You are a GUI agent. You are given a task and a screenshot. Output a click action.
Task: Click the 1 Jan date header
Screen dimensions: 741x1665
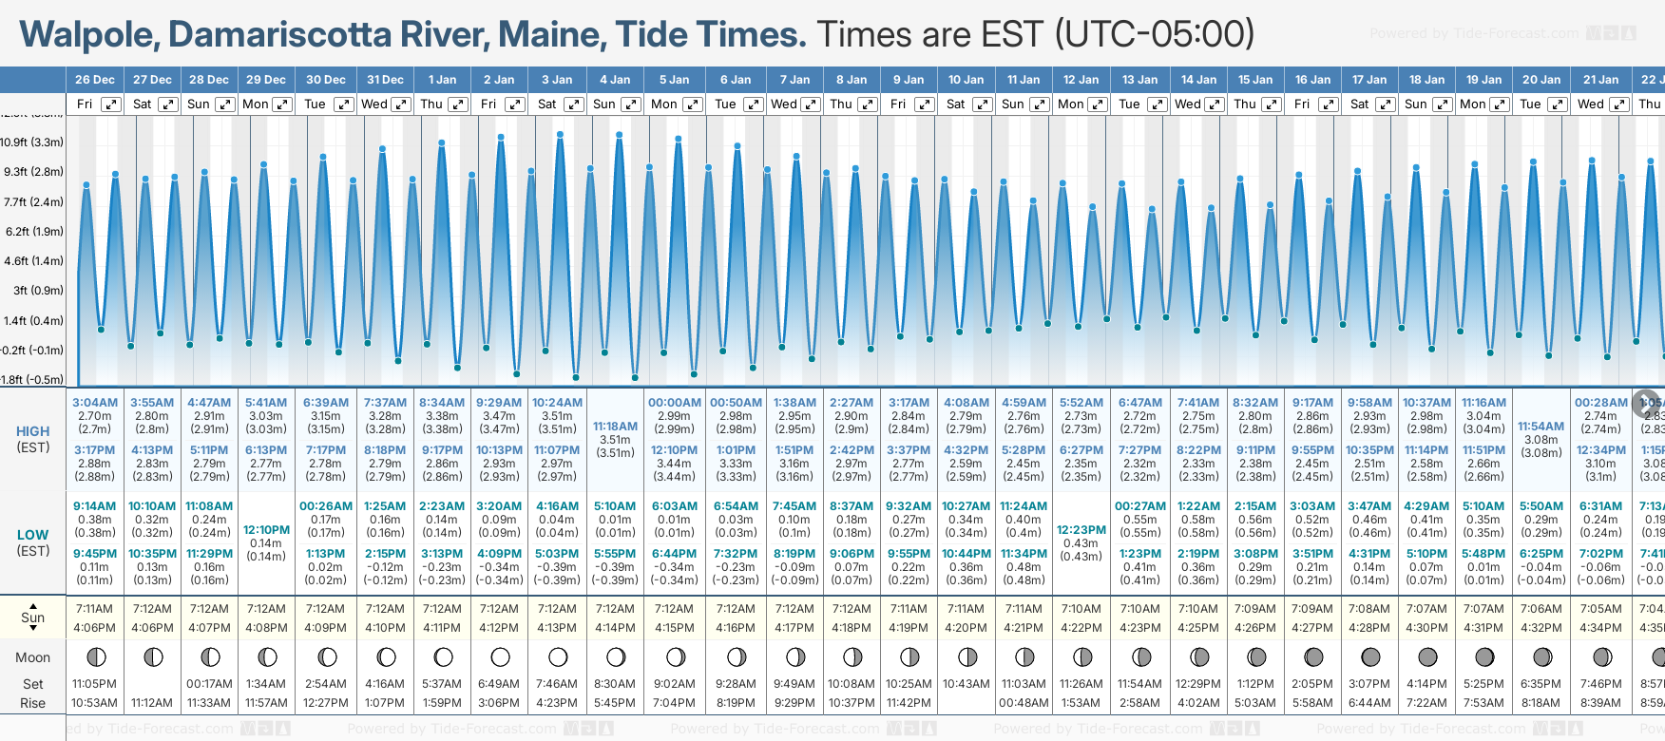(x=442, y=80)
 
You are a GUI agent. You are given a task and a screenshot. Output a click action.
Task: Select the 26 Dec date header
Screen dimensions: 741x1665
(x=95, y=80)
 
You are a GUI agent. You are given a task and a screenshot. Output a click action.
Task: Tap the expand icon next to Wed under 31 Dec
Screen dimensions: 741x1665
(x=401, y=104)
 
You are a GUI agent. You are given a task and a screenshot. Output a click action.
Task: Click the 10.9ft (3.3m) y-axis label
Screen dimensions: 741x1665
(x=32, y=142)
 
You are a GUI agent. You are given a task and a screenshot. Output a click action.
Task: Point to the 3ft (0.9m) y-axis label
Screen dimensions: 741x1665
(x=33, y=291)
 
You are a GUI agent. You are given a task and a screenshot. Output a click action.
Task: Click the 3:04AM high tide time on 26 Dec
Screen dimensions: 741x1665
(x=95, y=403)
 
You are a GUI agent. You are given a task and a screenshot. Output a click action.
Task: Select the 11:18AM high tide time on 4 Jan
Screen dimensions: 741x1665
(x=615, y=427)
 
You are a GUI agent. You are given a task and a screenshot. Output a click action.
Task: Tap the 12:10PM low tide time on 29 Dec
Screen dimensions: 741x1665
(x=266, y=530)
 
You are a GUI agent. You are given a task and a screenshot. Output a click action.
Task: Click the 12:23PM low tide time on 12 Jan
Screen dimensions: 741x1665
(x=1081, y=530)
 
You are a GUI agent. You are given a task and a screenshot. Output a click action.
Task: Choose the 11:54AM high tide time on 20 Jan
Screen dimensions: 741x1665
(x=1541, y=427)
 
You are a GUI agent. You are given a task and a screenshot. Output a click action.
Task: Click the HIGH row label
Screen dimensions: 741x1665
(x=33, y=431)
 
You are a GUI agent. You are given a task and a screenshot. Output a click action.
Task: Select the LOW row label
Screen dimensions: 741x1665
(x=33, y=535)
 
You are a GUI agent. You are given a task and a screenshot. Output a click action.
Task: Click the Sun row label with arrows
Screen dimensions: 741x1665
(x=33, y=617)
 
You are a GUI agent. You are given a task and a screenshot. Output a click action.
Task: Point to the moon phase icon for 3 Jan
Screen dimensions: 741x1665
(x=558, y=656)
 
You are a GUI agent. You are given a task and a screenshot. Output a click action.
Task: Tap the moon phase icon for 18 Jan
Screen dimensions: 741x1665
(x=1427, y=656)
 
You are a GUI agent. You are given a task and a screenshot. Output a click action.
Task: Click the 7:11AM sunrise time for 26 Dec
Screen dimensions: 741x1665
(x=94, y=609)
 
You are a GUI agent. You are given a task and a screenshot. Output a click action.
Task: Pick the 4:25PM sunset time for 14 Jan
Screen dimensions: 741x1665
(x=1198, y=628)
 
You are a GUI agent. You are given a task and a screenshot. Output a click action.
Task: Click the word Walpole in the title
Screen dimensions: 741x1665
(x=89, y=35)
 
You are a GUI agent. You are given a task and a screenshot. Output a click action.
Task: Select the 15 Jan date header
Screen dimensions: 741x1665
(x=1255, y=80)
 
